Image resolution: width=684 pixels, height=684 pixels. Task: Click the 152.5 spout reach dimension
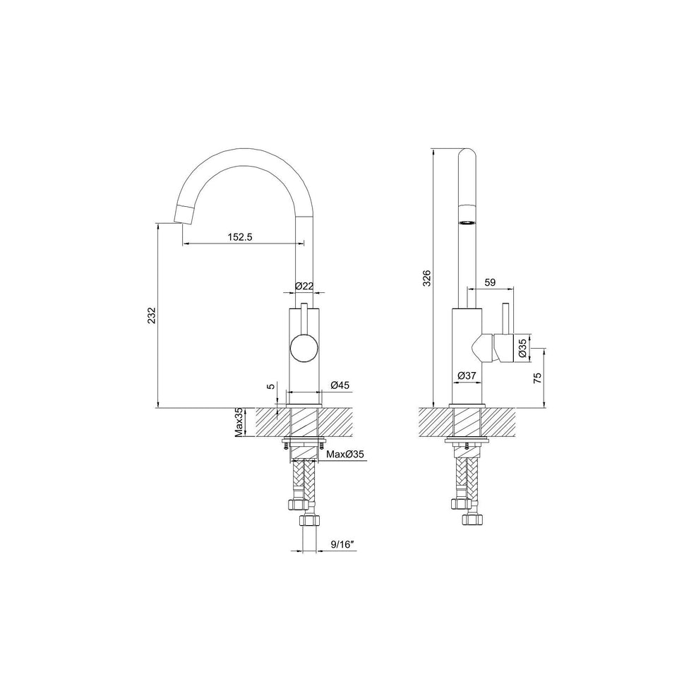coord(240,237)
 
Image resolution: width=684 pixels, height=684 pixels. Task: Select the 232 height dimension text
coord(151,316)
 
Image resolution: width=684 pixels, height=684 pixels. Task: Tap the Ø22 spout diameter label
coord(304,286)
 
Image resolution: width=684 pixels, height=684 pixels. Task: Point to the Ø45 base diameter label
coord(340,385)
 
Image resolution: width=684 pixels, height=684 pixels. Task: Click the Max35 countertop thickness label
coord(239,422)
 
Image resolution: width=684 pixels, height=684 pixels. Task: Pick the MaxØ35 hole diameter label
coord(345,455)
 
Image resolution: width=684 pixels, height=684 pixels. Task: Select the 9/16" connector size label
coord(342,544)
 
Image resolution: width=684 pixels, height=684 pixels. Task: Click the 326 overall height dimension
coord(426,279)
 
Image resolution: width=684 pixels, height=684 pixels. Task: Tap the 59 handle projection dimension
coord(491,282)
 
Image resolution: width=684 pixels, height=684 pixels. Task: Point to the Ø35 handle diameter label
coord(522,348)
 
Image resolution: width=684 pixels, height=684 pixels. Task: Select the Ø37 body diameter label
coord(466,376)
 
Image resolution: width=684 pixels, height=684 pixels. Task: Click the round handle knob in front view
coord(304,349)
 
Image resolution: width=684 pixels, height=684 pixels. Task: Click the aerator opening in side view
coord(467,221)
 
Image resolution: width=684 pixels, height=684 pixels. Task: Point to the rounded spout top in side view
coord(467,155)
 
